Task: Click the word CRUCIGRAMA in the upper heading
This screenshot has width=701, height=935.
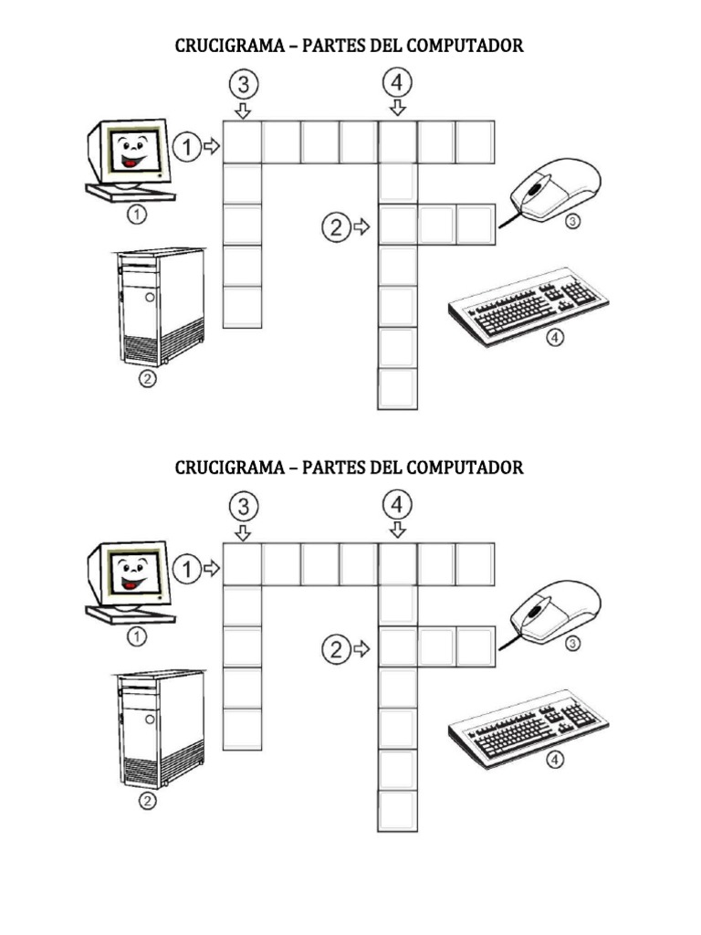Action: coord(229,46)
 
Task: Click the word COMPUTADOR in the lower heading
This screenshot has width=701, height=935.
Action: coord(465,467)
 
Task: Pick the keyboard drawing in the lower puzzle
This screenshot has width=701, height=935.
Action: coord(528,729)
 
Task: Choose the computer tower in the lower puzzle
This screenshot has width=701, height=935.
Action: coord(160,730)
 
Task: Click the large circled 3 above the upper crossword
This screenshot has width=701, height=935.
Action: coord(244,84)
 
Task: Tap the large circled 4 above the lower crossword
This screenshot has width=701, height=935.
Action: coord(397,504)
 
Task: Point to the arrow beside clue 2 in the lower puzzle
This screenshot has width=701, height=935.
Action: coord(361,649)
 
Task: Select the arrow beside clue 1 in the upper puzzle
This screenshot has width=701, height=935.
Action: coord(212,146)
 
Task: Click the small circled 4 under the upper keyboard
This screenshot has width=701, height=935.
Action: coord(555,338)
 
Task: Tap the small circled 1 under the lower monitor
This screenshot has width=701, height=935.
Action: coord(137,636)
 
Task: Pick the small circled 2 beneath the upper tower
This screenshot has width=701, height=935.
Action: coord(147,378)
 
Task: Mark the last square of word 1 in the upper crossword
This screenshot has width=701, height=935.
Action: coord(475,142)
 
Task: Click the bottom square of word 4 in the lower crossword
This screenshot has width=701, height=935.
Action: coord(398,811)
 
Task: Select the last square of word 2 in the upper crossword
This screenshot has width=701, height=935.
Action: coord(476,225)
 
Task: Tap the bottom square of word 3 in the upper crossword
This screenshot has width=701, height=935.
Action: coord(242,307)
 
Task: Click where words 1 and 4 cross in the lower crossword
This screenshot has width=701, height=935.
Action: coord(398,564)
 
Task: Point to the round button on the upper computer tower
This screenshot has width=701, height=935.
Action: coord(151,297)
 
